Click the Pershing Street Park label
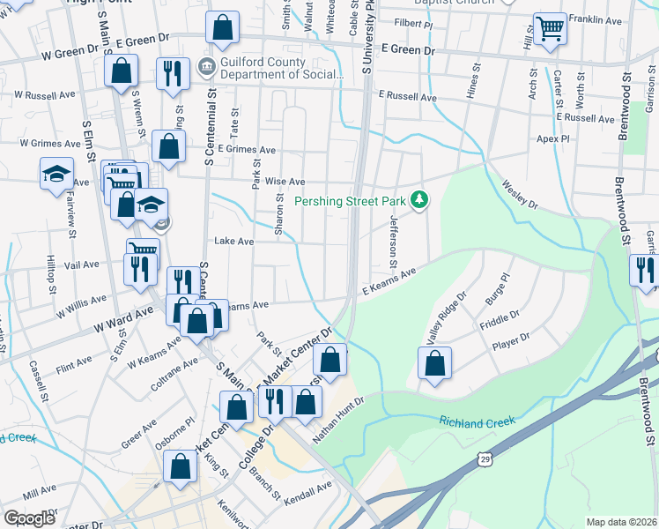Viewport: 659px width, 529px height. tap(350, 202)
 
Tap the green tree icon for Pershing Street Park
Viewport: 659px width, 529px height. tap(421, 201)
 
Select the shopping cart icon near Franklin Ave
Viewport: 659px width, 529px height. tap(550, 29)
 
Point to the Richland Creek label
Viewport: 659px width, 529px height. tap(477, 422)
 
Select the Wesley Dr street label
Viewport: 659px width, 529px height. tap(519, 195)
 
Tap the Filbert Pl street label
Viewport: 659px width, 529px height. tap(416, 22)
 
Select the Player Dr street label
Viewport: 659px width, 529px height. tap(511, 342)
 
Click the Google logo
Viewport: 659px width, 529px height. tap(28, 518)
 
